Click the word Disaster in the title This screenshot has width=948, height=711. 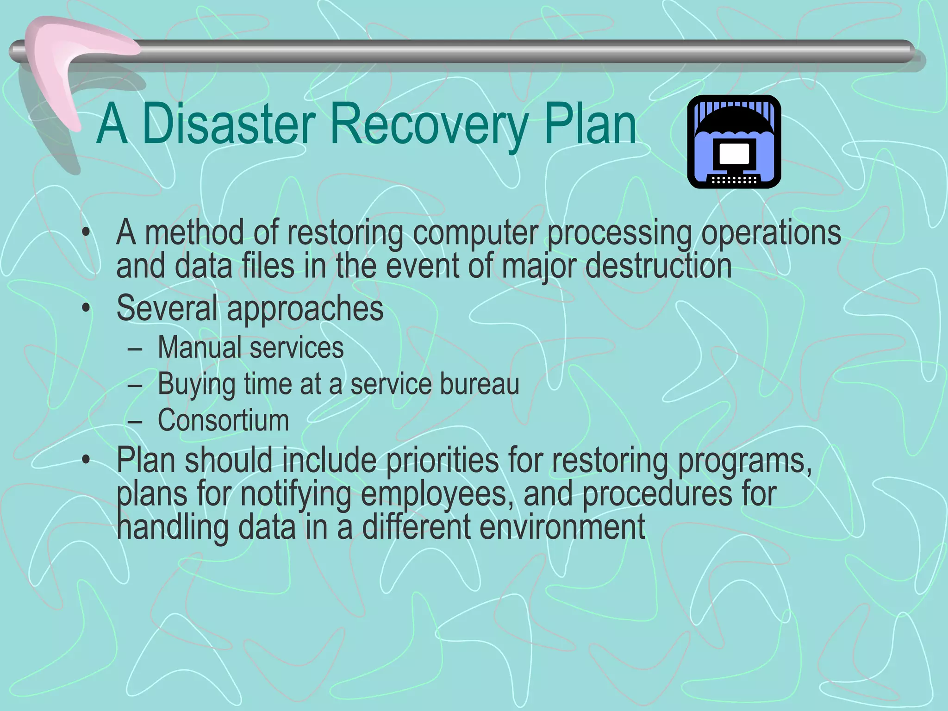pos(229,124)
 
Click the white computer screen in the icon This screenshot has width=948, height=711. pos(734,154)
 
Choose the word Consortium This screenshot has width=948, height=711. pos(223,420)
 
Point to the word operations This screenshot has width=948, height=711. pos(771,232)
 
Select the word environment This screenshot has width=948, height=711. pos(562,527)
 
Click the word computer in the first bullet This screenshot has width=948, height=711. pos(476,232)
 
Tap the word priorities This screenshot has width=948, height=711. pos(442,460)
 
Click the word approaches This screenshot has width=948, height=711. pos(305,309)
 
